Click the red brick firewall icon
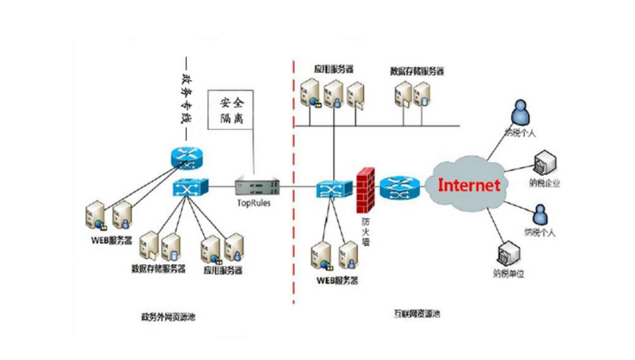(366, 189)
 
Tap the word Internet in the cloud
(468, 185)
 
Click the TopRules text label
(253, 203)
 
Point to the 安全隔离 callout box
(231, 110)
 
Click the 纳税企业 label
(544, 183)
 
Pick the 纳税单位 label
(508, 274)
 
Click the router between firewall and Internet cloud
(400, 187)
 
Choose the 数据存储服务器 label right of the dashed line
(417, 72)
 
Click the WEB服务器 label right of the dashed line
(337, 280)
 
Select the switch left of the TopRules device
(190, 186)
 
